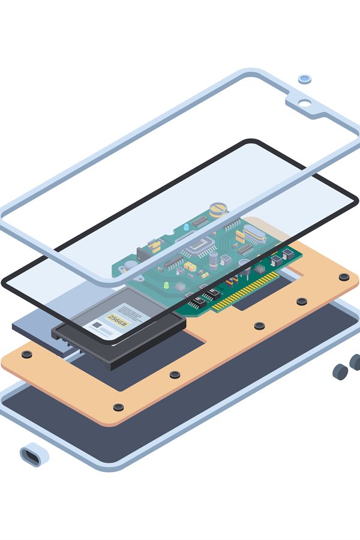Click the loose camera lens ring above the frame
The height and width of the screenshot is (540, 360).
[x=305, y=79]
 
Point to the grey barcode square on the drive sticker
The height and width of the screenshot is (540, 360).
[x=97, y=326]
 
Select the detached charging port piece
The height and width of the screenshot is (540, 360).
[x=34, y=455]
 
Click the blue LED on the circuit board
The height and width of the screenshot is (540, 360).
[x=186, y=227]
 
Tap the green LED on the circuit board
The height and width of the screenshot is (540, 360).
[x=166, y=286]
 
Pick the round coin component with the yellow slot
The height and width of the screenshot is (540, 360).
[x=218, y=210]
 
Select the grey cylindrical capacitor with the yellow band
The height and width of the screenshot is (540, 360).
[x=214, y=259]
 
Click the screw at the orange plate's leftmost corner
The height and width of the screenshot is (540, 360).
[x=26, y=355]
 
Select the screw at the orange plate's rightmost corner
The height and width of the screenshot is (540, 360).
[x=344, y=277]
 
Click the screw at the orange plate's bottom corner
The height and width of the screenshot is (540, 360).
[x=119, y=407]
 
